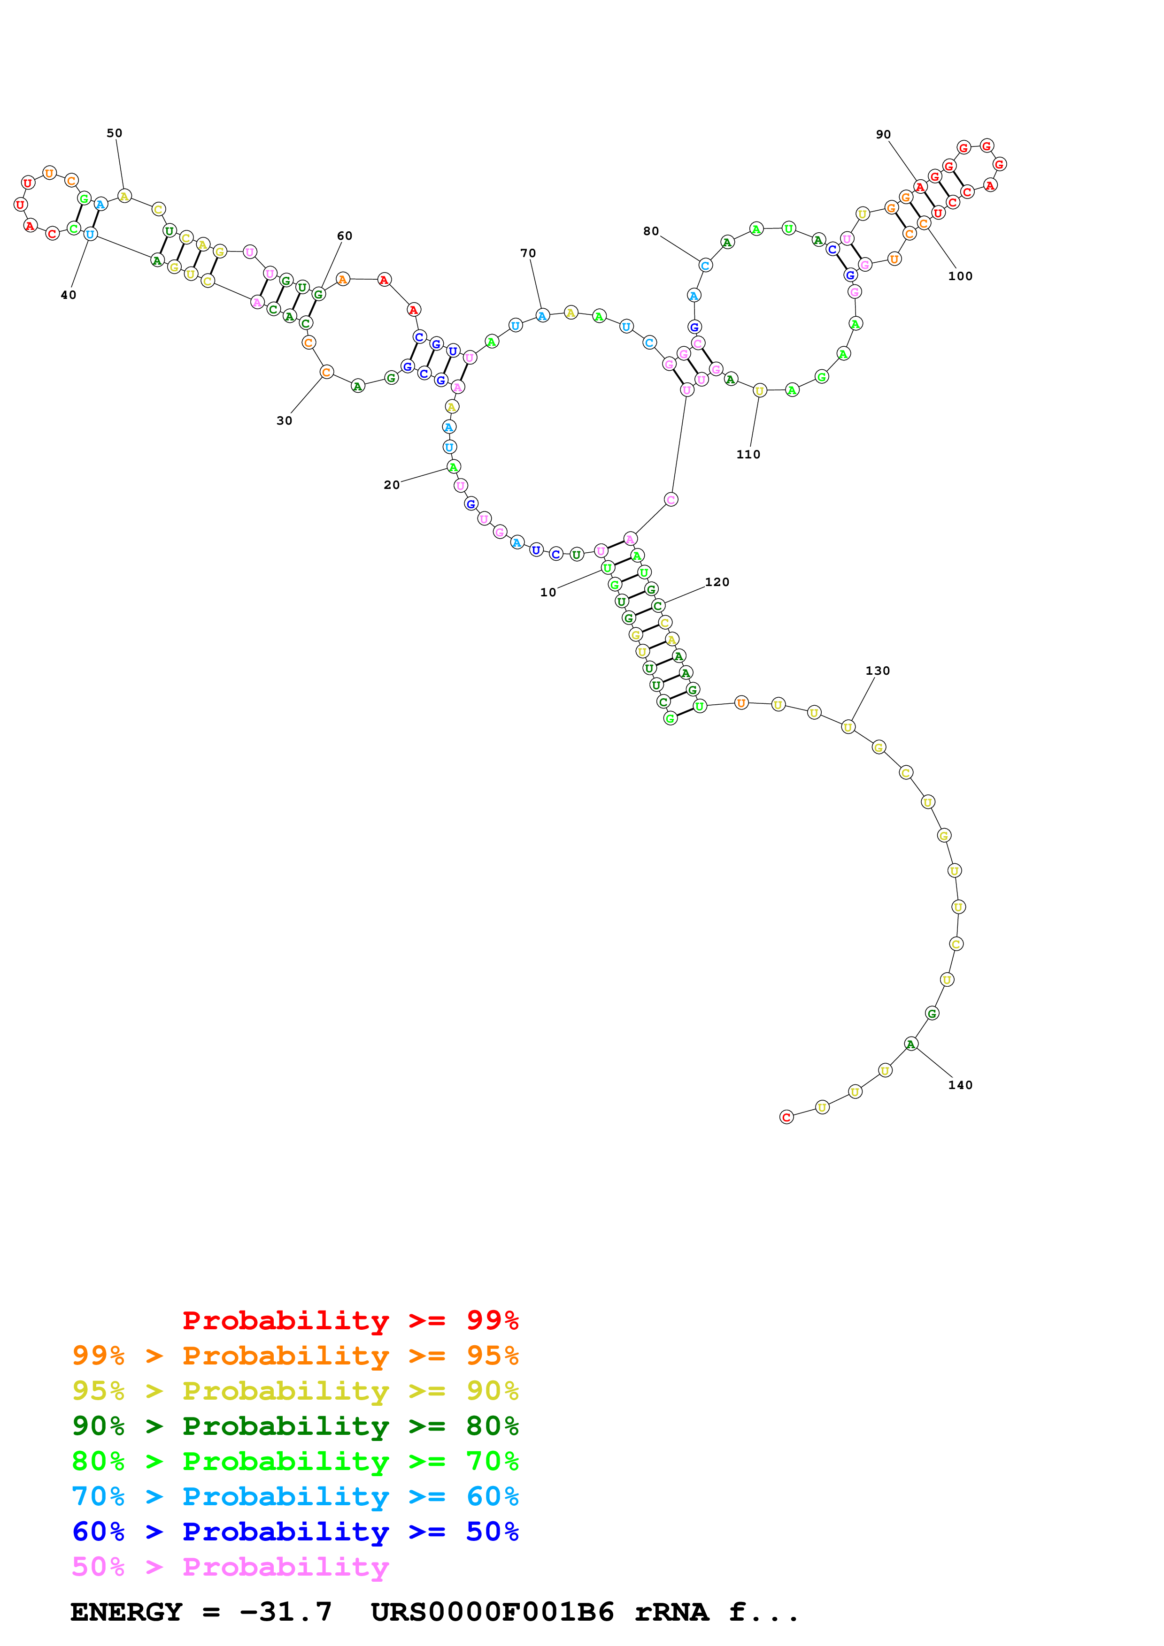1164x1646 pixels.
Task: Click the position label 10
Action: point(548,592)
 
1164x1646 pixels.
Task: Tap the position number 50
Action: point(115,133)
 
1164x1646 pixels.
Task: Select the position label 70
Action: point(528,253)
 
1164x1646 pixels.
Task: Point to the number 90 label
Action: point(883,135)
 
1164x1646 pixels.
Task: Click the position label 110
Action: point(748,455)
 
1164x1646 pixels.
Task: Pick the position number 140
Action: point(960,1085)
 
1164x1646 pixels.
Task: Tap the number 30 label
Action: point(285,421)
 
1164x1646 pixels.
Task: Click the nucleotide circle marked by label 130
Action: point(848,727)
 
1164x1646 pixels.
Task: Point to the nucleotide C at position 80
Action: point(705,265)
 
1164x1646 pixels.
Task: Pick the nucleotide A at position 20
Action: point(453,467)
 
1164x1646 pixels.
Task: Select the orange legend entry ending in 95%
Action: point(295,1356)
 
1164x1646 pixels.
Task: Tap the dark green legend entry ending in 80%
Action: point(295,1426)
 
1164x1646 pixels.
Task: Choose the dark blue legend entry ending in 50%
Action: point(295,1532)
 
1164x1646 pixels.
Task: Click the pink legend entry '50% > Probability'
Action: point(230,1566)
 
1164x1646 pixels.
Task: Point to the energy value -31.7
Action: point(285,1612)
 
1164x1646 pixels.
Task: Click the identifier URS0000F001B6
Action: point(492,1612)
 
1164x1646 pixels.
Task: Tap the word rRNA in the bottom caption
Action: point(671,1612)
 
